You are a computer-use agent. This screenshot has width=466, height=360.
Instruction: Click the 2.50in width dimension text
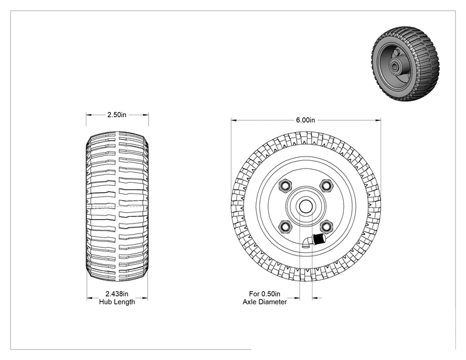[116, 115]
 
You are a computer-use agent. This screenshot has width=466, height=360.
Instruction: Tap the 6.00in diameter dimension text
[305, 120]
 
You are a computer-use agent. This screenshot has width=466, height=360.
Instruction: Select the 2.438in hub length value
[116, 294]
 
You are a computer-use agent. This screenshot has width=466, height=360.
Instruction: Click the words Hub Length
[116, 302]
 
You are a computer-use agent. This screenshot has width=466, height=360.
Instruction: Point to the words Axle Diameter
[264, 302]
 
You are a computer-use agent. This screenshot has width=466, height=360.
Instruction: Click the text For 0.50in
[264, 294]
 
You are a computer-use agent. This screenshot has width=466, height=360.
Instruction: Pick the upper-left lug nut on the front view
[286, 186]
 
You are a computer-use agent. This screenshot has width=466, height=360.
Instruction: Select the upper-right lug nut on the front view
[326, 186]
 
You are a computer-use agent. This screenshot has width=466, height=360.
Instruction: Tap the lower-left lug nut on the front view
[286, 227]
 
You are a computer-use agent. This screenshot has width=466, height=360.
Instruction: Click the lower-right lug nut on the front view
[326, 227]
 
